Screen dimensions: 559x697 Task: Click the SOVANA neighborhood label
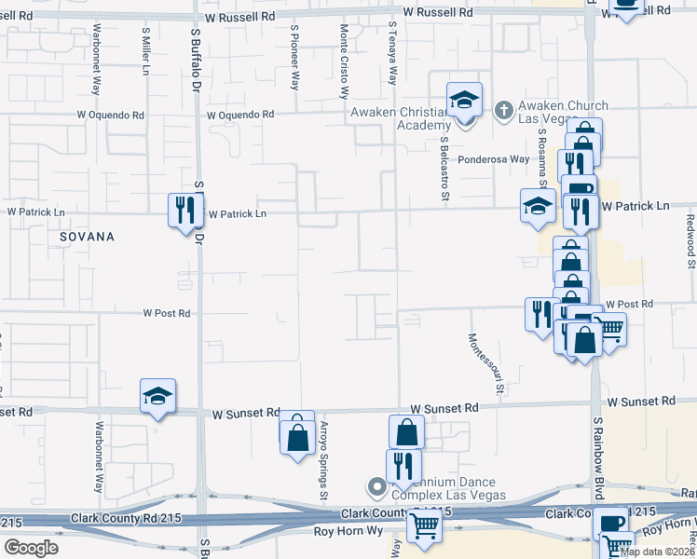(87, 237)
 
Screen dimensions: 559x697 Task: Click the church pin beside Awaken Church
(504, 111)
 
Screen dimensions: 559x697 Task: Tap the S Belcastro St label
(445, 169)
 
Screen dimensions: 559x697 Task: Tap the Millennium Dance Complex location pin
(376, 487)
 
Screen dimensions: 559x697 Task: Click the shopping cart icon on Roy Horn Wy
(425, 525)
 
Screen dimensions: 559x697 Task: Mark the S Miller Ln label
(146, 54)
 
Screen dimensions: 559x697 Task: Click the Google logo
(31, 547)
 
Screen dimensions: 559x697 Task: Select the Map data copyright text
(658, 552)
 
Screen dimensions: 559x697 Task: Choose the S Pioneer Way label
(294, 56)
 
